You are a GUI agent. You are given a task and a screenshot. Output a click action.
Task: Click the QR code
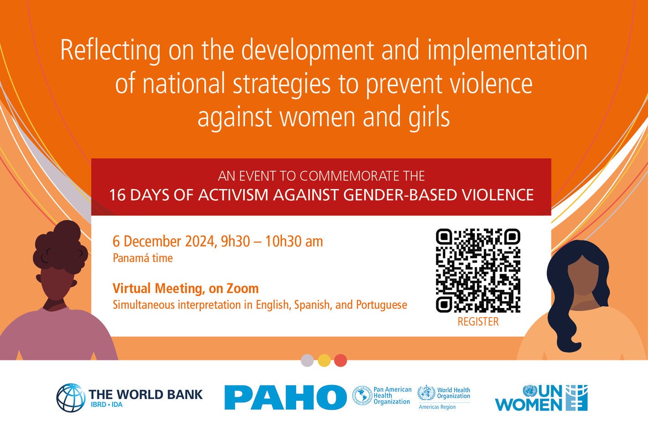coord(478,270)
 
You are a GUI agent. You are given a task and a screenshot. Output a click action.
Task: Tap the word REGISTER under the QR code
coord(478,322)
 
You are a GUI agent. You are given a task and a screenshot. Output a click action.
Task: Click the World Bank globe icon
coord(71,397)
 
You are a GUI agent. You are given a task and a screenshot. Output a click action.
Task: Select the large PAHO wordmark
coord(285,397)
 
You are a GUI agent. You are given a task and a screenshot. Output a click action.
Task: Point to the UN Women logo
coord(541,397)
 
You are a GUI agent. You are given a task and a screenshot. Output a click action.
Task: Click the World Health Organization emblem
coord(426,393)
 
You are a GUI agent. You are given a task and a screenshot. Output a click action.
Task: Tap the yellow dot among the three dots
coord(324,360)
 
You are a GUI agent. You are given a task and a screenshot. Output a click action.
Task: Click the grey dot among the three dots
coord(307,360)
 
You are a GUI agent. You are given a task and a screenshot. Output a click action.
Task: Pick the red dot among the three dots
coord(340,360)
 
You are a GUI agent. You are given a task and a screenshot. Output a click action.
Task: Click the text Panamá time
coord(143,258)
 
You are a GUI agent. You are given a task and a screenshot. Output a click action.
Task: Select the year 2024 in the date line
coord(200,241)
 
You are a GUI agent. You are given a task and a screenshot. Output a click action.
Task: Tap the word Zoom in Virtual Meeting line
coord(242,288)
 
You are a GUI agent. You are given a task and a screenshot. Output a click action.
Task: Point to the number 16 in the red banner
coord(117,195)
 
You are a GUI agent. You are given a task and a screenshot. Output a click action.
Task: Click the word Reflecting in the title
coord(110,51)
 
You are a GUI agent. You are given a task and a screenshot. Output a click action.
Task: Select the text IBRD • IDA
coord(107,405)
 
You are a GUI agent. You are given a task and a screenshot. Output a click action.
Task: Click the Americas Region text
coord(437,407)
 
